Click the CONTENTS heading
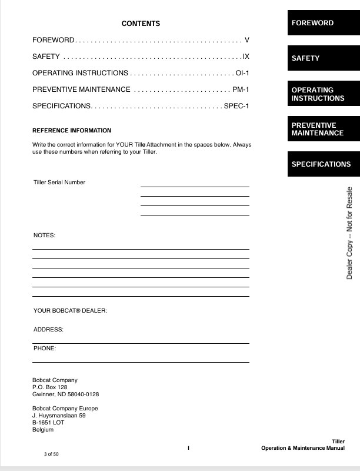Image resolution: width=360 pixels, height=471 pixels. (141, 24)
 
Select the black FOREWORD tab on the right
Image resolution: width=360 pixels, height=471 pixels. (323, 24)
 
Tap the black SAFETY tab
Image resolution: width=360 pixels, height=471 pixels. (323, 58)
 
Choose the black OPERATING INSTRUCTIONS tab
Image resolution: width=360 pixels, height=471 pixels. (323, 94)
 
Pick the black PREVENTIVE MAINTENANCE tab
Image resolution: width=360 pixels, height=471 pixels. (323, 129)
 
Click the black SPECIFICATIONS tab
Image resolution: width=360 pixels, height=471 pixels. (323, 164)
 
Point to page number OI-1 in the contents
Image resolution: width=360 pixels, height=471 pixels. (242, 73)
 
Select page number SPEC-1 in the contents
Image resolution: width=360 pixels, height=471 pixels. (236, 106)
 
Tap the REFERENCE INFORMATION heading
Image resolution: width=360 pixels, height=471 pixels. (71, 131)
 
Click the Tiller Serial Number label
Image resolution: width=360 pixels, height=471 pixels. (59, 183)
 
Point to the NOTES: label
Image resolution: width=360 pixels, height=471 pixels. (44, 235)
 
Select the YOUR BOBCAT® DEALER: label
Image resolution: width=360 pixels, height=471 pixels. (70, 310)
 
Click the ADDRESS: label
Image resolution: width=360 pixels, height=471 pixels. (48, 330)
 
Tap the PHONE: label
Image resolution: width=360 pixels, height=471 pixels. (45, 349)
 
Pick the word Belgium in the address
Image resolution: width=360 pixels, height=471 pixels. (43, 430)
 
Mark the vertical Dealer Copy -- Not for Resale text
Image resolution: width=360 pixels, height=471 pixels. (349, 233)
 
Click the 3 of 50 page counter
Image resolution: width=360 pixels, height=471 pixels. (51, 455)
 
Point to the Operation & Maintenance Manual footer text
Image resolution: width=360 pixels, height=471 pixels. (303, 449)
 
